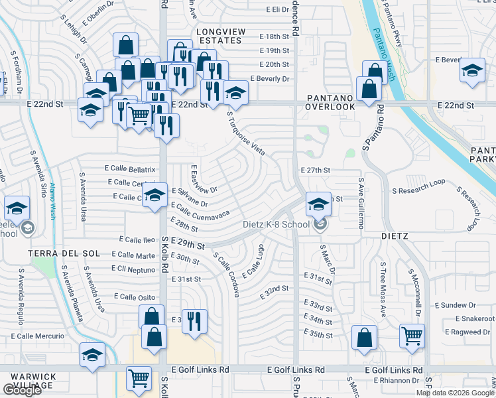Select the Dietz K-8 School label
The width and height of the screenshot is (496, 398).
(x=276, y=224)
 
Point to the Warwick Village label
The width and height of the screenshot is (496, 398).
(x=32, y=381)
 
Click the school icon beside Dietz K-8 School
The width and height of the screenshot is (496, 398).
(x=318, y=204)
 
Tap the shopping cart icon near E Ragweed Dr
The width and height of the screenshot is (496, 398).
(x=412, y=336)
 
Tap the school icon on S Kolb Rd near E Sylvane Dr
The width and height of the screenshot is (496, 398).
(x=155, y=195)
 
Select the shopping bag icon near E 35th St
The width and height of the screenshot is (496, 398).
(x=364, y=337)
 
